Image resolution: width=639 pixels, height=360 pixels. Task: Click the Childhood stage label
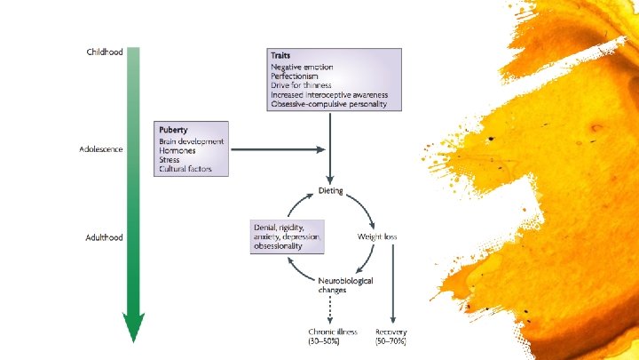coord(104,52)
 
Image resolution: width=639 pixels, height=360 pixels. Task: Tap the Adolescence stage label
coord(102,149)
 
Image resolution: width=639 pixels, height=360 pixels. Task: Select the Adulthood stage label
coord(104,237)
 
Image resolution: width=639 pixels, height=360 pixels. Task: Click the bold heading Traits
coord(281,54)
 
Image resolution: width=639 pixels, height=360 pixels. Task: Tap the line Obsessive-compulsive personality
coord(329,104)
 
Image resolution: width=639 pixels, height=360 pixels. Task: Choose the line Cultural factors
coord(185,169)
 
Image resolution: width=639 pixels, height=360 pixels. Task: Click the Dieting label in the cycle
coord(331,191)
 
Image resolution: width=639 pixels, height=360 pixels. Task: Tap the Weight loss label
coord(378,237)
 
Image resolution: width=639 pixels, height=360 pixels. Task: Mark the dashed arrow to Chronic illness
coord(331,309)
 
